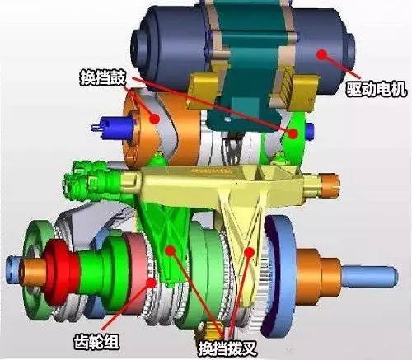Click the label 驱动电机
[376, 89]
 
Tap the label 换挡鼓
[103, 77]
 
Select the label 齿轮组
[96, 342]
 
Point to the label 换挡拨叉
[227, 348]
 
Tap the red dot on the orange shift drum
[155, 119]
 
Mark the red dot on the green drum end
[293, 133]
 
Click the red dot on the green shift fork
[171, 250]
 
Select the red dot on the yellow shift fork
[250, 252]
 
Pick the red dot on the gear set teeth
[152, 283]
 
